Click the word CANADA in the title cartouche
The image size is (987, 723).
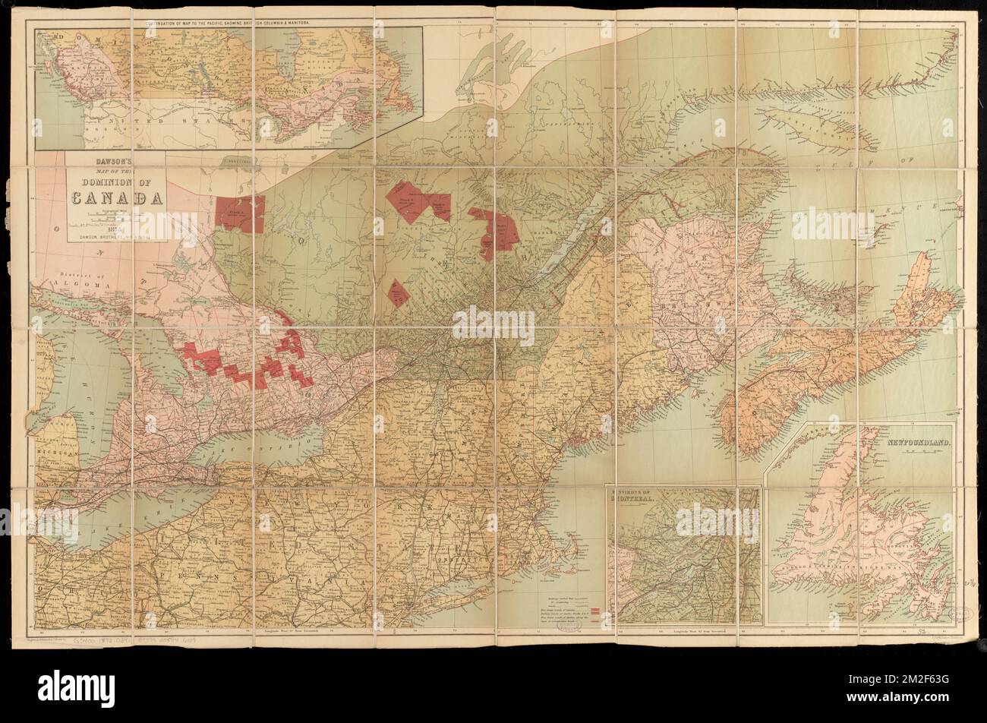pos(118,199)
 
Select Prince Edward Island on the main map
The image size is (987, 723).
pos(824,286)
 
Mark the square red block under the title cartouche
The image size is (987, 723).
pos(240,213)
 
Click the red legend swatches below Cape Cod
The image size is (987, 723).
pos(594,612)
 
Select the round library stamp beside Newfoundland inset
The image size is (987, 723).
pos(961,614)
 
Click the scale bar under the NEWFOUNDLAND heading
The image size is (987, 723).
pos(916,448)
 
